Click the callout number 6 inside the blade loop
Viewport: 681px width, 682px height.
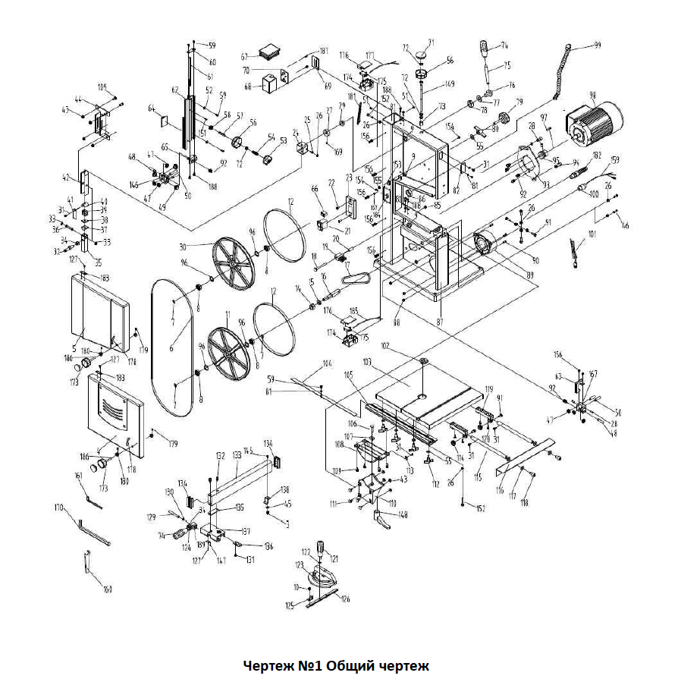pyautogui.click(x=172, y=349)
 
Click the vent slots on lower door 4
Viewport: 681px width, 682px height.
pyautogui.click(x=110, y=410)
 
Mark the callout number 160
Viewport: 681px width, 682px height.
pyautogui.click(x=107, y=589)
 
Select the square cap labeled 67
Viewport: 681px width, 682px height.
pyautogui.click(x=269, y=53)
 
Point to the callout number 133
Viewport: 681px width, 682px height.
pyautogui.click(x=237, y=454)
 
